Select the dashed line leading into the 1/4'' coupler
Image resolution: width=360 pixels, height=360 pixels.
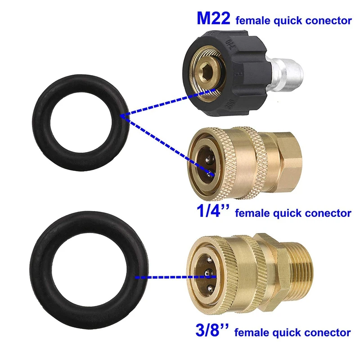tap(166, 144)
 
